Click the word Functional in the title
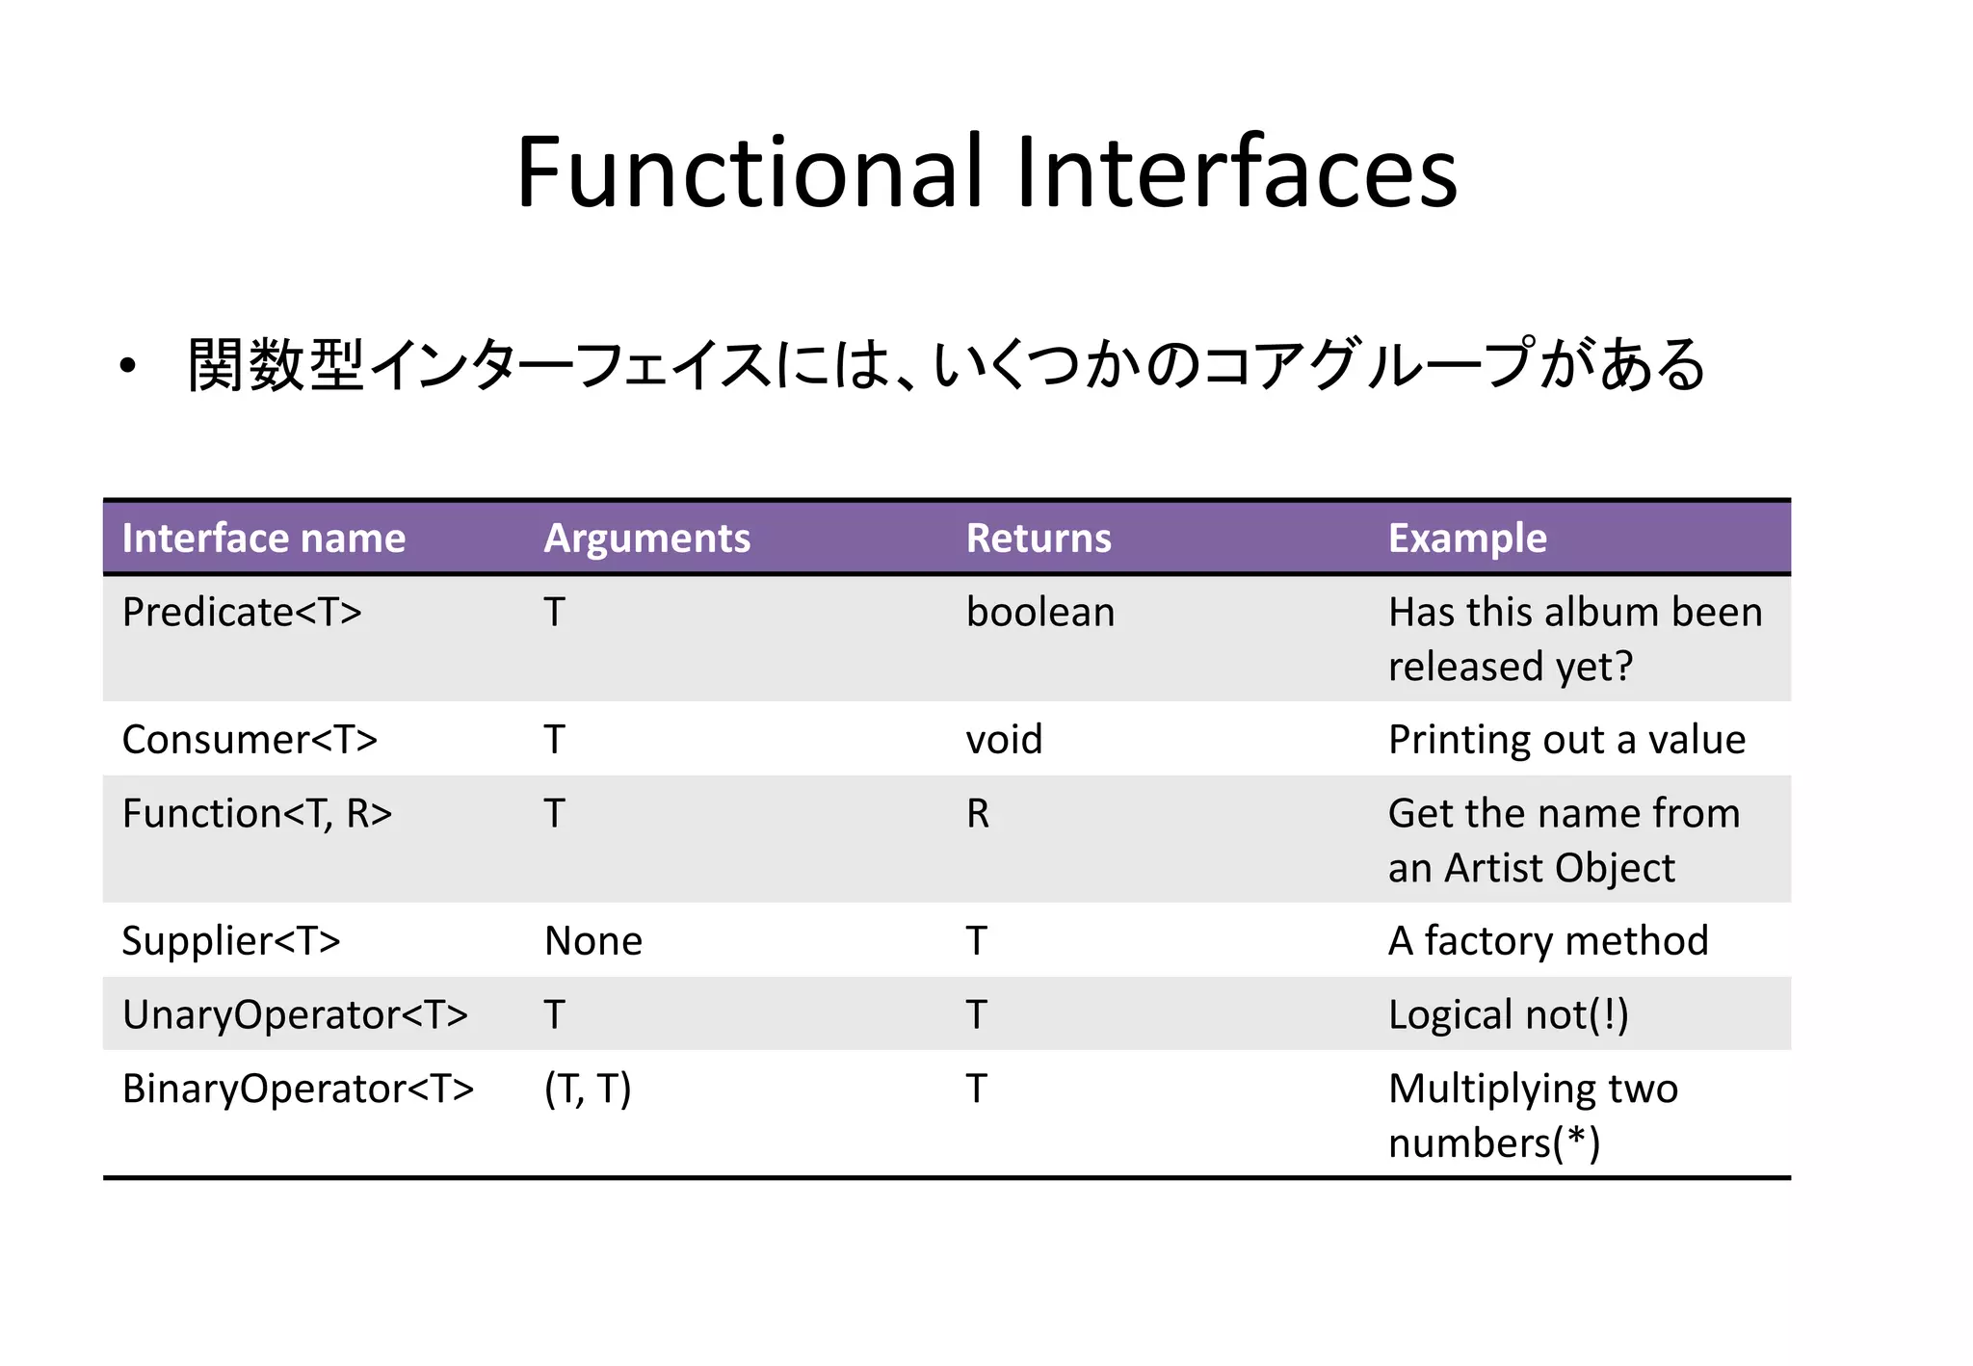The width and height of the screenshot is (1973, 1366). (x=750, y=173)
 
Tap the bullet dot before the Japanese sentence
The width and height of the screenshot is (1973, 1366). (x=128, y=367)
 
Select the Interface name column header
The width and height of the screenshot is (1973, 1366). (x=263, y=538)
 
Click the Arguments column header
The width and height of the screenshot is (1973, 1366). (x=646, y=538)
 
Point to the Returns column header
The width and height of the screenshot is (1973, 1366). (x=1039, y=538)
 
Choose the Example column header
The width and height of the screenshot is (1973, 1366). (x=1467, y=538)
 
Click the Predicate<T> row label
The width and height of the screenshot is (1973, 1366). (x=242, y=613)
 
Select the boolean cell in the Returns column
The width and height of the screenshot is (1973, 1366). (x=1040, y=613)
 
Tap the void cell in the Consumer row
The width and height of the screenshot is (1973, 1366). (x=1004, y=740)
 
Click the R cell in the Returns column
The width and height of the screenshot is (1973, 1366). (x=978, y=814)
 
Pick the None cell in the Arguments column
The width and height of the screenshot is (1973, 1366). (x=593, y=941)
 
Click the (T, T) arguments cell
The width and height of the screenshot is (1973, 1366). (x=588, y=1090)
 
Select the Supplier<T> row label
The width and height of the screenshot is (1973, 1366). (x=231, y=941)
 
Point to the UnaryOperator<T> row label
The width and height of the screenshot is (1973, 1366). (x=295, y=1015)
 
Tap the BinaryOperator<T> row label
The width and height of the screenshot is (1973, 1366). (x=298, y=1090)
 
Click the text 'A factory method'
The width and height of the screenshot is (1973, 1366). (x=1548, y=941)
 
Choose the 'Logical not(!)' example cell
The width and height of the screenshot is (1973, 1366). (x=1509, y=1015)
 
